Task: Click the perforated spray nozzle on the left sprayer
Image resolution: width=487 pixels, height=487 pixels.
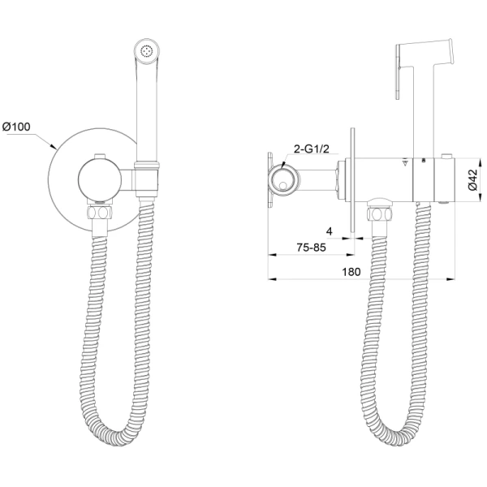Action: click(148, 51)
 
